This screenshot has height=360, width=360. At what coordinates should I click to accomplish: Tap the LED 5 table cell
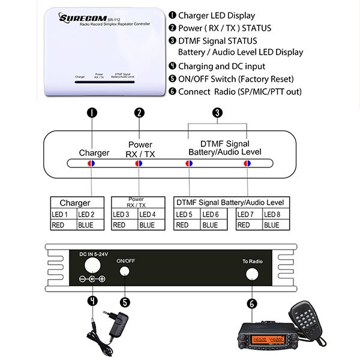click(186, 214)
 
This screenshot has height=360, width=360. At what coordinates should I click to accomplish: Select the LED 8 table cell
click(271, 214)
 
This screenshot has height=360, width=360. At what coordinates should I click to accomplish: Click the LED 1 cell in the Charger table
click(62, 214)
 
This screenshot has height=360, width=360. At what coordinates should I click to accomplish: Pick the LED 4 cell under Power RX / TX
click(150, 214)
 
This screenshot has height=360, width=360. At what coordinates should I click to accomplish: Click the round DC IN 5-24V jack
click(92, 265)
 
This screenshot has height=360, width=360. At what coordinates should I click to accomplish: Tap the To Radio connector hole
click(253, 274)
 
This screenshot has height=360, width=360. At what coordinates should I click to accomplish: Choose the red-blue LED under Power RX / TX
click(139, 163)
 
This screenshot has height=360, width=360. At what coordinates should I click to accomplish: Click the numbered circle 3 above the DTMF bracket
click(218, 112)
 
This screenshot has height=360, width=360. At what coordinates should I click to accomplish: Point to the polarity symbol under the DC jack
click(92, 280)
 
